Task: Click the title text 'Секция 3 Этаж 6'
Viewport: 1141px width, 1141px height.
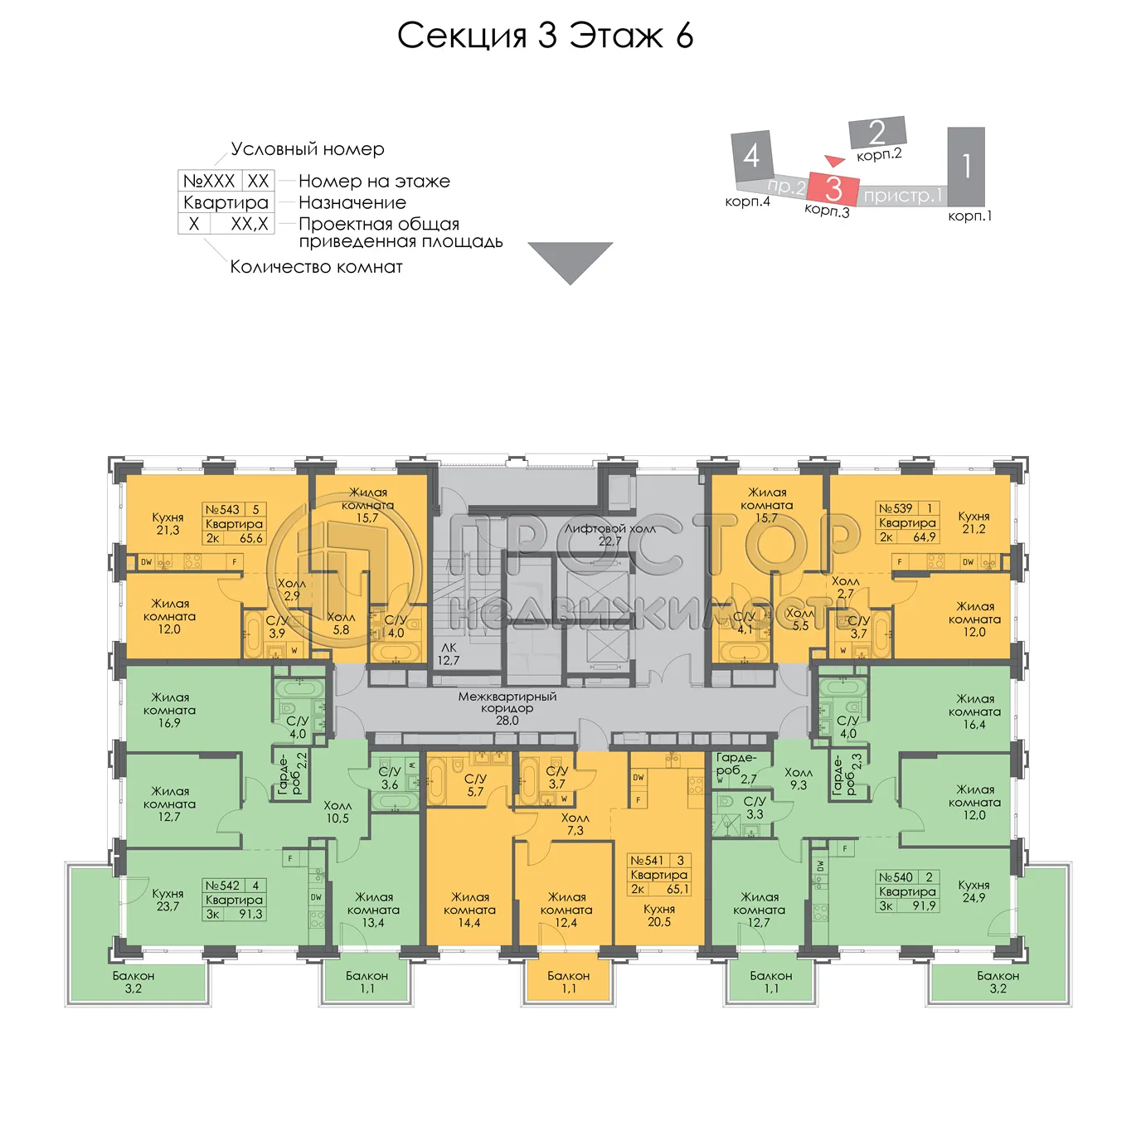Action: [545, 36]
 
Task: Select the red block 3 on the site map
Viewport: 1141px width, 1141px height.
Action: [833, 188]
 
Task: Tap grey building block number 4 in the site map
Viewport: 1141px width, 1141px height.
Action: [752, 156]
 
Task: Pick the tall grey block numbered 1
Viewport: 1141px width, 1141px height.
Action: [966, 166]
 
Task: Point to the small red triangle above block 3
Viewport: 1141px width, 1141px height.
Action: [834, 160]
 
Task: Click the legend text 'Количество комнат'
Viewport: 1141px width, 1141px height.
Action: [316, 267]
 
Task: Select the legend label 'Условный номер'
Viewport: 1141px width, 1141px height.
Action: [308, 149]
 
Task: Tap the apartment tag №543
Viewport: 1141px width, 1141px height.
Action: [234, 524]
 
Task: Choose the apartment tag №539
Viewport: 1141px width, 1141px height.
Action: [907, 522]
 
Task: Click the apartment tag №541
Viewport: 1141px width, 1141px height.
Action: [659, 875]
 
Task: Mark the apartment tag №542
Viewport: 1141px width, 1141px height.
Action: [234, 900]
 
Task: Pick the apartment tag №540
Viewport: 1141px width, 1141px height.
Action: [907, 891]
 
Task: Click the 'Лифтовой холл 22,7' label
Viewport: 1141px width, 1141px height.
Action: [610, 535]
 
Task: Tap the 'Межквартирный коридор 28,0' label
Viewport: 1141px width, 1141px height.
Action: [507, 709]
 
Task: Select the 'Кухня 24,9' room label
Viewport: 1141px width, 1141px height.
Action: [973, 891]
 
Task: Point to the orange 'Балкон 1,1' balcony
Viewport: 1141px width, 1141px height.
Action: [569, 982]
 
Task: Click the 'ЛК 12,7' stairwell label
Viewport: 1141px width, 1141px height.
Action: [449, 654]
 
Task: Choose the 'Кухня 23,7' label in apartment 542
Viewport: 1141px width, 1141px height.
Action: [168, 900]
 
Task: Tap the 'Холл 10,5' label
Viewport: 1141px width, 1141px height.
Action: [337, 812]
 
